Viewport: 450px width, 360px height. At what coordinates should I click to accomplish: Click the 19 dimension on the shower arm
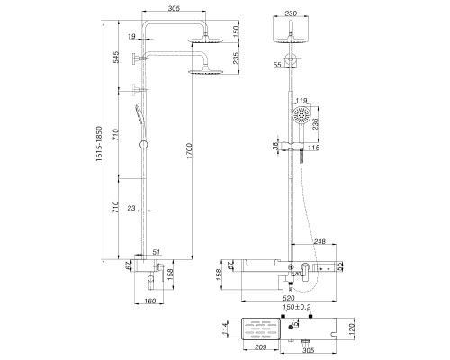(131, 37)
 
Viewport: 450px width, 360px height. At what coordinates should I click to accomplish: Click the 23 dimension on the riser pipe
(131, 210)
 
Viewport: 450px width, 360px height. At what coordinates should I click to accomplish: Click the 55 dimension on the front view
(277, 66)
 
